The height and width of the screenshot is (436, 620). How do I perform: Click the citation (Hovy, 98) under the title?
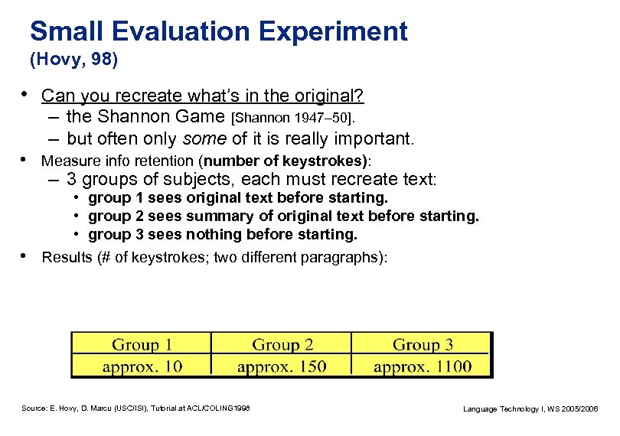73,58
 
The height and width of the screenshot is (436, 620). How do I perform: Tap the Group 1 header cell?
142,345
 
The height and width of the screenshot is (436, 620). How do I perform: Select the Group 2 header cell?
282,345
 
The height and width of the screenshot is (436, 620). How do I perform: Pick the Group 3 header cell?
423,345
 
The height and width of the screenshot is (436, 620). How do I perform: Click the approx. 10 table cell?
142,366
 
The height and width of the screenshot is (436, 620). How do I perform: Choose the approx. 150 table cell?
282,366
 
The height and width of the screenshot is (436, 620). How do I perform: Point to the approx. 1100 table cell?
423,366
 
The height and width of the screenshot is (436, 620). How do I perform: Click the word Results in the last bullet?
64,257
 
